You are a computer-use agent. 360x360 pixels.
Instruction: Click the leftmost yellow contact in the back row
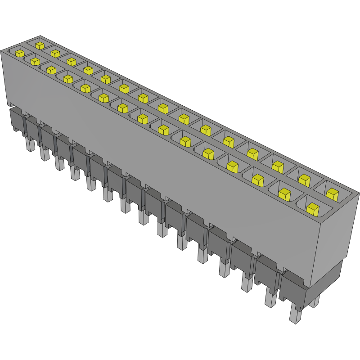tap(40, 45)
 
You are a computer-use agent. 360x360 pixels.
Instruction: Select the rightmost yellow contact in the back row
tap(332, 194)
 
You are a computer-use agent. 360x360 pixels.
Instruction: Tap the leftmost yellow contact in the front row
tap(20, 53)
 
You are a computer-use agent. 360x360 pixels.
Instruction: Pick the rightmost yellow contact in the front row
tap(312, 208)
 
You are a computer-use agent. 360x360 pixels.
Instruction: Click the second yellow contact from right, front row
tap(284, 194)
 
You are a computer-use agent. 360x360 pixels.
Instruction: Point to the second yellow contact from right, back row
tap(305, 180)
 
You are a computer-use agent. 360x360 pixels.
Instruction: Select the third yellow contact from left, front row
tap(51, 70)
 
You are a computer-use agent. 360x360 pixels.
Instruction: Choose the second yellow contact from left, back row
tap(55, 54)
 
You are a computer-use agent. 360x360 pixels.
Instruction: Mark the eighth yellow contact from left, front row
tap(143, 118)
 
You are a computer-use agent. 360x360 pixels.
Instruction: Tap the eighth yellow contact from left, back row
tap(162, 108)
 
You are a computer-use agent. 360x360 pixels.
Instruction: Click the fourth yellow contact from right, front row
tap(232, 166)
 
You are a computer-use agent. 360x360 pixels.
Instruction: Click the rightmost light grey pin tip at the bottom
tap(295, 314)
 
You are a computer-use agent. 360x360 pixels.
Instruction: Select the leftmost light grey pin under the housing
tap(29, 145)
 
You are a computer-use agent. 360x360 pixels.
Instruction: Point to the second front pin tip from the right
tap(270, 299)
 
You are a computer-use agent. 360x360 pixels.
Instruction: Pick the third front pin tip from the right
tap(246, 283)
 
